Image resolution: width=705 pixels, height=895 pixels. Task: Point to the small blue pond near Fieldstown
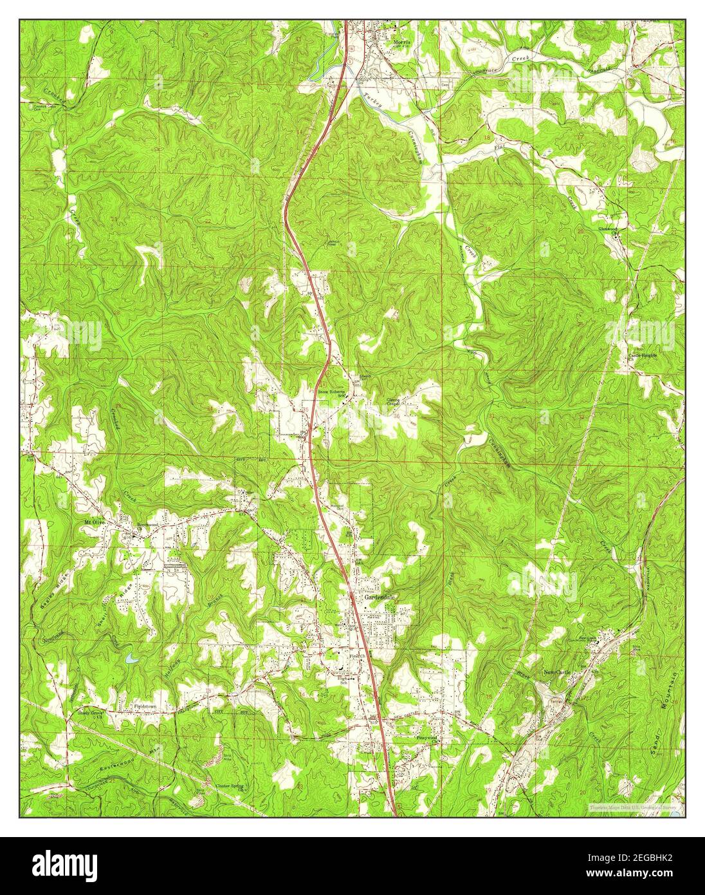pos(131,659)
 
